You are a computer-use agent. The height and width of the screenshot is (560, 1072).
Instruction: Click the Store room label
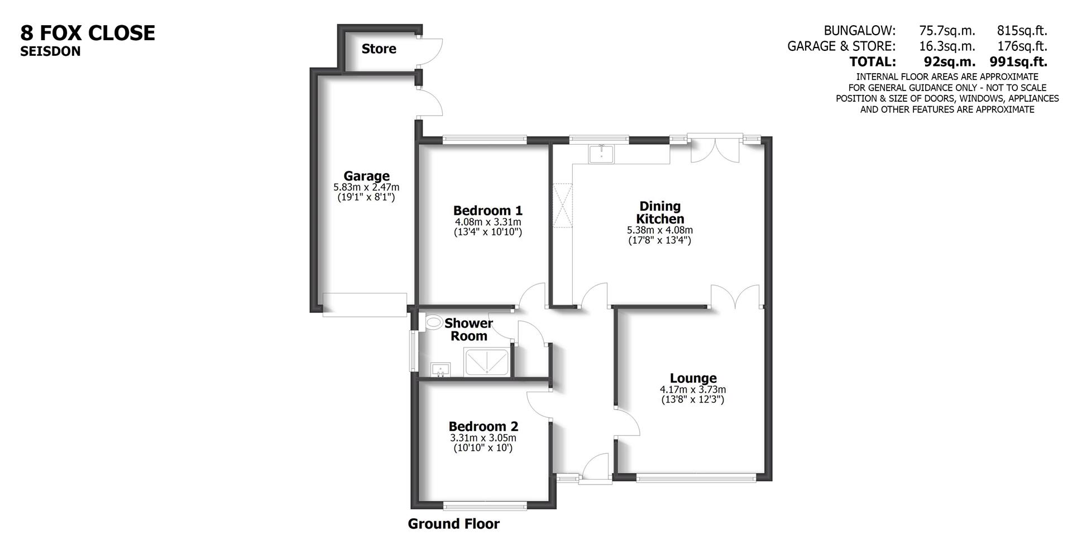379,49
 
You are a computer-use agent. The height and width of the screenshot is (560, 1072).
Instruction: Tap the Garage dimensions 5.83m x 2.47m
366,188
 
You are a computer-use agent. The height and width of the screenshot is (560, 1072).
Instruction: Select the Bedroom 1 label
487,211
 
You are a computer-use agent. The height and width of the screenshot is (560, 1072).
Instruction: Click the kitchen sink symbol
601,153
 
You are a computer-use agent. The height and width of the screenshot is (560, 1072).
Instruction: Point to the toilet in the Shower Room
433,322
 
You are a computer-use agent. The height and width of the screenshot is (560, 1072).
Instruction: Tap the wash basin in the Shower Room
441,370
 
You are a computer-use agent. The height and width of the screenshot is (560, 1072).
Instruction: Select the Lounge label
693,378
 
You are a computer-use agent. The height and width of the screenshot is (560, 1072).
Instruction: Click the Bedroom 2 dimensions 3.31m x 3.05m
483,438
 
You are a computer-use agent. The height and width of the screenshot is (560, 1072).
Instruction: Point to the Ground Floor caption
453,524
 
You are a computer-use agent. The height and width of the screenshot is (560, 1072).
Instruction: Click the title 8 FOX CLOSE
88,33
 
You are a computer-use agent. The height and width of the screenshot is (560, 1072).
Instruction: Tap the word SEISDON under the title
50,51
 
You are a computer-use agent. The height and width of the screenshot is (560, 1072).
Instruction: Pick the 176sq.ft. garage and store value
1022,46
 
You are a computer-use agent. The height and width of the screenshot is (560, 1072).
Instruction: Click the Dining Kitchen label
660,212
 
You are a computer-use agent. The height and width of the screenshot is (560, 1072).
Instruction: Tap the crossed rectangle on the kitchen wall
562,205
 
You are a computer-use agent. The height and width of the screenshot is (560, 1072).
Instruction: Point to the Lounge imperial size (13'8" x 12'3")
692,400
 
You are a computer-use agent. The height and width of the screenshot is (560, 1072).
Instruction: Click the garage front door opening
365,305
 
